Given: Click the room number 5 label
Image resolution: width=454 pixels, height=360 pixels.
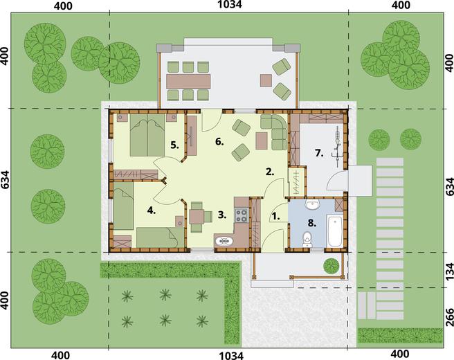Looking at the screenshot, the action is coord(174,145).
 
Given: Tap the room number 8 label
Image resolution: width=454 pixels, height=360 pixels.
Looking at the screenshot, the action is coord(312,224).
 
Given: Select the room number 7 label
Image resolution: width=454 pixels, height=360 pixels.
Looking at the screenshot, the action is coord(319,153).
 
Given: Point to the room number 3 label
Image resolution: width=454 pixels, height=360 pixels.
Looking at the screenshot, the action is coord(222,215).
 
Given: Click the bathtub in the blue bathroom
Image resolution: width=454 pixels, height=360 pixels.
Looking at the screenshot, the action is coord(335,231).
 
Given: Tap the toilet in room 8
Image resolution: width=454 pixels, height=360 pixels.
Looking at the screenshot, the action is coord(307,240).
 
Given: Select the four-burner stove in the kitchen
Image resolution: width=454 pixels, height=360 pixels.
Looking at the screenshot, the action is coord(241,215).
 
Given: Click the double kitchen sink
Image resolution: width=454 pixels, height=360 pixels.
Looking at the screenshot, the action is coord(224,241).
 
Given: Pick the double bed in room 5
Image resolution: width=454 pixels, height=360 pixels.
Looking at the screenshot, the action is coord(147,135).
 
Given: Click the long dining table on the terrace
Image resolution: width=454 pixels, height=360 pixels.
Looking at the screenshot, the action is coord(188,82).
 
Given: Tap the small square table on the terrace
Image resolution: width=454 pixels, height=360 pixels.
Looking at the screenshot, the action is coord(266,80).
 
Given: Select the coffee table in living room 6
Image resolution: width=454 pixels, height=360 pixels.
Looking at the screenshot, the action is coord(262,141).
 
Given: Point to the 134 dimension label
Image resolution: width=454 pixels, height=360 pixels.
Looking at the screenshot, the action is coord(449,271).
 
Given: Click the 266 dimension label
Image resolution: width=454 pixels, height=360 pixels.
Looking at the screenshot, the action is coord(449,318).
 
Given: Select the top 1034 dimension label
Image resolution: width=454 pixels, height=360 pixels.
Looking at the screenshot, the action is coord(230,4).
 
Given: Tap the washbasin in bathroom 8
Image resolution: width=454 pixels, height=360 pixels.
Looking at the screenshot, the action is coord(312,205).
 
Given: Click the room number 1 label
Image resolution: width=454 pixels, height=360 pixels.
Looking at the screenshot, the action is coord(275,216).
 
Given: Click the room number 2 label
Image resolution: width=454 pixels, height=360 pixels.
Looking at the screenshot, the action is coord(270,172).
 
